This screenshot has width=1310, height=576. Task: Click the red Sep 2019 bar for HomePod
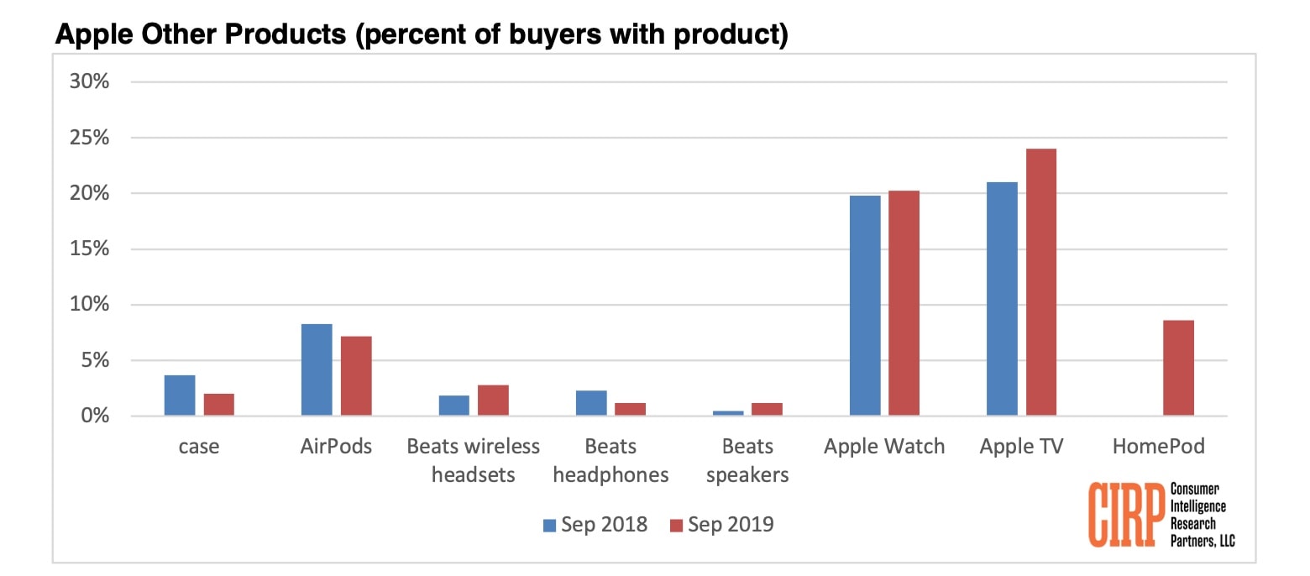click(x=1178, y=368)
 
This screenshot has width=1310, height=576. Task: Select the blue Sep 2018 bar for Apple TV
click(x=1002, y=299)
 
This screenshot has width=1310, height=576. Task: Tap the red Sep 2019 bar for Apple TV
click(x=1041, y=282)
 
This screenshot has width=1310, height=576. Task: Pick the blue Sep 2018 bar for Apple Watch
click(x=865, y=306)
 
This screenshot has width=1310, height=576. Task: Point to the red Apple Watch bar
click(x=904, y=303)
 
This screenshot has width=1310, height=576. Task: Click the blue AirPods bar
click(x=317, y=369)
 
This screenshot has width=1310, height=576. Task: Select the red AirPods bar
click(x=356, y=375)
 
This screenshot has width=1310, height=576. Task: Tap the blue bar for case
click(x=180, y=395)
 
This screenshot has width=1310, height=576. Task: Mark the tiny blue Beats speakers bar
click(x=728, y=412)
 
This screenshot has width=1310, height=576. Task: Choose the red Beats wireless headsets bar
click(x=493, y=400)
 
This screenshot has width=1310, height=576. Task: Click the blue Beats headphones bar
click(x=591, y=403)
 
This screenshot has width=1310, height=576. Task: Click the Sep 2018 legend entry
click(x=595, y=525)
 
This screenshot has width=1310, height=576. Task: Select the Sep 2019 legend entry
click(x=721, y=525)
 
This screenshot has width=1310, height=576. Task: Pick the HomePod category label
click(x=1158, y=446)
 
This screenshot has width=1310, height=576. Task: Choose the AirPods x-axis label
click(x=336, y=446)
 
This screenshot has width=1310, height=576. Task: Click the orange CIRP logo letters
click(x=1124, y=514)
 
